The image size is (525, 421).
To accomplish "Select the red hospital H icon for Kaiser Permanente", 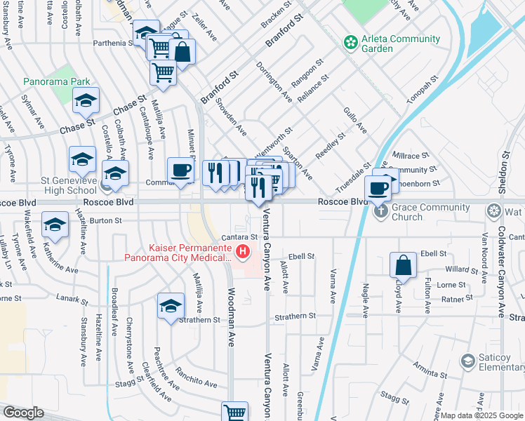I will point(243,250).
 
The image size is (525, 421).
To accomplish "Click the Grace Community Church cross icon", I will point(380,210).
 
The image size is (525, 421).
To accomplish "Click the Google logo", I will point(23,413).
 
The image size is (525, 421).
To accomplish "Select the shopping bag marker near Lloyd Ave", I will point(404,265).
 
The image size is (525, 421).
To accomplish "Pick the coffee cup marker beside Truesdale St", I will point(378,188).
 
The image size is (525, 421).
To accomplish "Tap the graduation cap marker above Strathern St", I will point(171,306).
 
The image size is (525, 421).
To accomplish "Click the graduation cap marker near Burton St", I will point(55,225).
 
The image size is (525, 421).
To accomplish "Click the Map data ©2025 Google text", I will point(481,415).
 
